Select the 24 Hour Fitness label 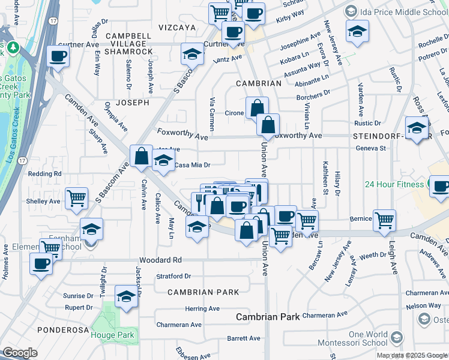click(395, 184)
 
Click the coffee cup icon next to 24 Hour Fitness click(441, 186)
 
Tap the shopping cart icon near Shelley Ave click(76, 199)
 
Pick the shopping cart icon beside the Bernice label click(384, 220)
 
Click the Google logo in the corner click(19, 353)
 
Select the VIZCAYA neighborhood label click(177, 28)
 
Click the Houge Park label click(114, 335)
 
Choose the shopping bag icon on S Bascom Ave click(141, 157)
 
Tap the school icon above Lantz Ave click(192, 55)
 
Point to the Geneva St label click(370, 148)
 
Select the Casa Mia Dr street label click(192, 165)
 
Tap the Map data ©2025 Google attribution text click(412, 355)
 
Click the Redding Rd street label click(49, 173)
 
